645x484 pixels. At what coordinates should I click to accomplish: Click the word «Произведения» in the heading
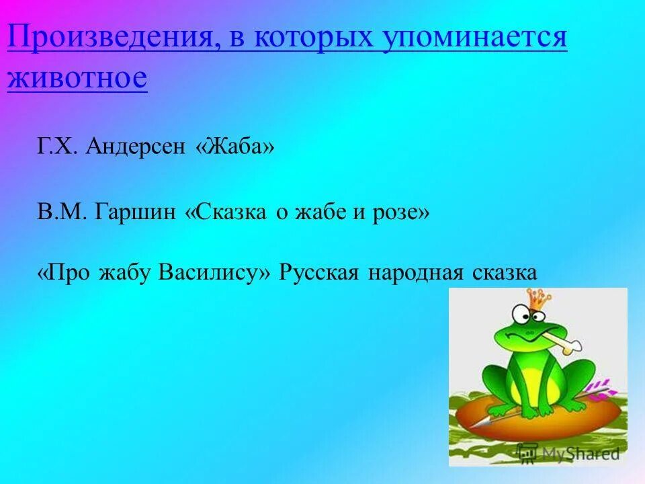(x=112, y=39)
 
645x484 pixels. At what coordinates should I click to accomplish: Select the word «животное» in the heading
(x=77, y=78)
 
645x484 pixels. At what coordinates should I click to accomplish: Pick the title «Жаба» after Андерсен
(x=234, y=147)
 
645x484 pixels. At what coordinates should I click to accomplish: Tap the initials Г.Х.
(x=58, y=147)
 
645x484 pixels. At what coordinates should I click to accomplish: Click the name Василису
(x=213, y=272)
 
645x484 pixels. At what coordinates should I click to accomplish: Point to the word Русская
(x=320, y=272)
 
